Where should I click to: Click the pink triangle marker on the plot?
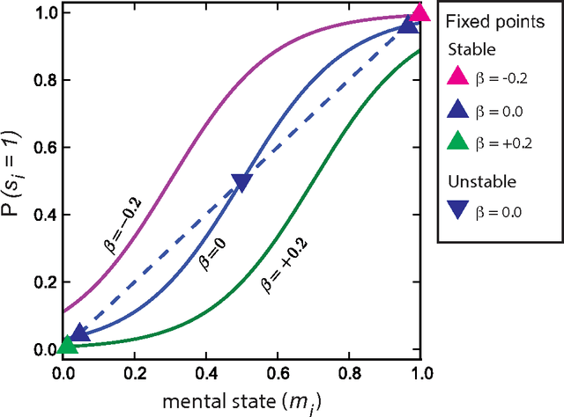[x=420, y=12]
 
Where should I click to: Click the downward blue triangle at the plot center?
[x=241, y=182]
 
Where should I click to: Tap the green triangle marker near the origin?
[x=67, y=345]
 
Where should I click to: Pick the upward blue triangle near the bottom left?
[x=79, y=333]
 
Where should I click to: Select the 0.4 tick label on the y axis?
[x=40, y=216]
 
